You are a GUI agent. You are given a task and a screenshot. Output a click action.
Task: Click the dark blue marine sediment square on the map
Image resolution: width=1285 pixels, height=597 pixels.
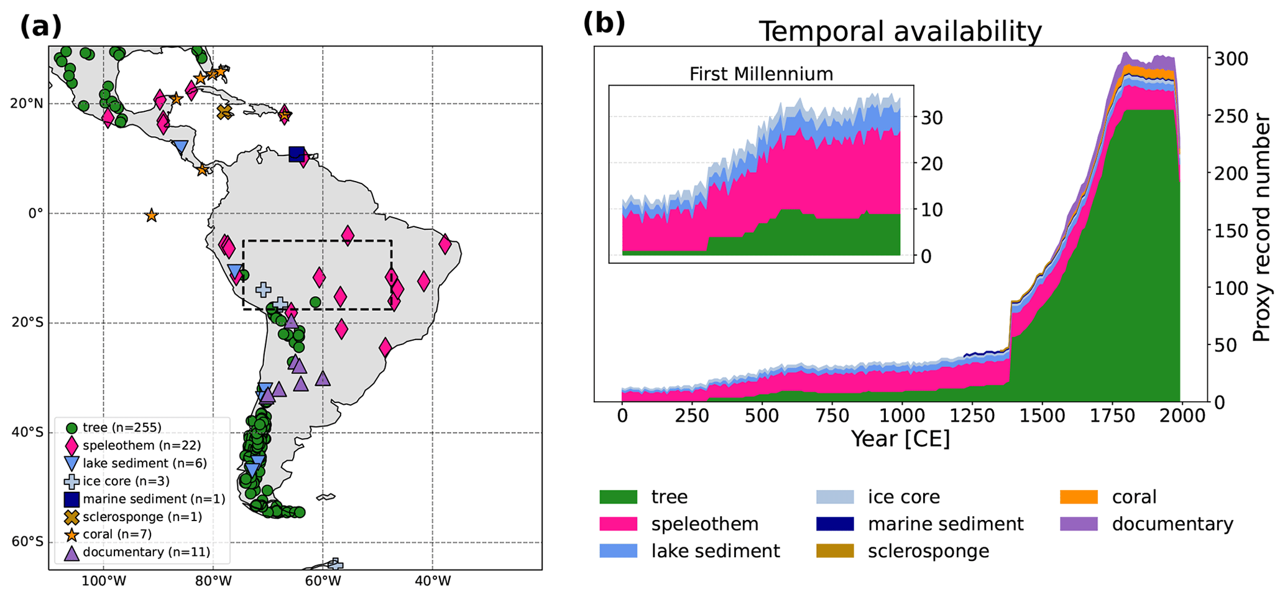tap(297, 154)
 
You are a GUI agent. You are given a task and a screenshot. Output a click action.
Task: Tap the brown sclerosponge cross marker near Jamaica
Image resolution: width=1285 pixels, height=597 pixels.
tap(224, 112)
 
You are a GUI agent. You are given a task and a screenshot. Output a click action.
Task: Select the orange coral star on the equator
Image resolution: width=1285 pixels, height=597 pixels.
tap(151, 216)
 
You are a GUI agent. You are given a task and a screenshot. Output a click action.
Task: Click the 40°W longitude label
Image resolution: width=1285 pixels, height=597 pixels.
tap(433, 582)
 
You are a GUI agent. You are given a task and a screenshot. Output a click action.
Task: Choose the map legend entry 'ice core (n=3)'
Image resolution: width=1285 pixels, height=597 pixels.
tap(126, 481)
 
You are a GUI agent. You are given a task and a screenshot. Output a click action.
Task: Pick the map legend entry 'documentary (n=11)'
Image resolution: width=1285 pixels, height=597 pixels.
tap(146, 552)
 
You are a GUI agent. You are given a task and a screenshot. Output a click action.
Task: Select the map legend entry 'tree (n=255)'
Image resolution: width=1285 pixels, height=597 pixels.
tap(122, 428)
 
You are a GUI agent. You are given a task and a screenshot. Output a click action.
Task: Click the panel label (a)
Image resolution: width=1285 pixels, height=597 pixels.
tap(41, 26)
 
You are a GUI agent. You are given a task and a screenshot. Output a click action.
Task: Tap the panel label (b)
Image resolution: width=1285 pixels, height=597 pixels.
tap(604, 24)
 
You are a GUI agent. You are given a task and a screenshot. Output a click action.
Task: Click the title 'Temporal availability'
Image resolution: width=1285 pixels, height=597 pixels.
tap(900, 31)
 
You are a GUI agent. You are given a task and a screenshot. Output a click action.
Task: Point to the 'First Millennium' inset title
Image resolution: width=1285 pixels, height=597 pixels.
tap(761, 74)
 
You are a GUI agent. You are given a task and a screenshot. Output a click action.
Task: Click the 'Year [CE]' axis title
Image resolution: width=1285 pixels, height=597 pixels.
tap(900, 439)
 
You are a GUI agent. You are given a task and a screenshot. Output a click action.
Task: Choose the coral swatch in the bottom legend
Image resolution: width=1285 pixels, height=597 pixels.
tap(1079, 497)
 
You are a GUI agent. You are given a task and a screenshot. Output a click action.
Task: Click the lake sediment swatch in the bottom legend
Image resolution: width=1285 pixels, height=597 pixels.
tap(619, 551)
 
